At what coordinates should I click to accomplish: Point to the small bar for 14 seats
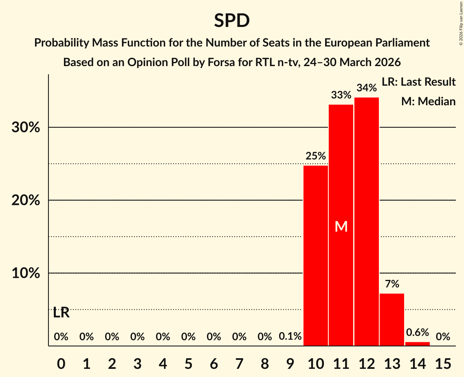coord(418,344)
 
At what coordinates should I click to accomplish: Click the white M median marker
coord(341,226)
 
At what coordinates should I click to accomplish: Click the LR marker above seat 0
coord(61,313)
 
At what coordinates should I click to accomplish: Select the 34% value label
coord(367,88)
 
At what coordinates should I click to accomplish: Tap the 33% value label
coord(341,95)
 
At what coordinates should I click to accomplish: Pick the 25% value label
coord(316,156)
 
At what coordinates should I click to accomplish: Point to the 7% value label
coord(392,284)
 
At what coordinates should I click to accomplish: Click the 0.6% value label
coord(418,333)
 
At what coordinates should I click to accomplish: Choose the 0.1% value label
coord(290,337)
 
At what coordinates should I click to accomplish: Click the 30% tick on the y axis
coord(26,127)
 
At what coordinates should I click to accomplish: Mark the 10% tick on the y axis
coord(26,273)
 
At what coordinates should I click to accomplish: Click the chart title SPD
coord(232,20)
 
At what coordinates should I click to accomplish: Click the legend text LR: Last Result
coord(418,82)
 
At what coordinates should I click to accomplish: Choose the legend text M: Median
coord(428,101)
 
